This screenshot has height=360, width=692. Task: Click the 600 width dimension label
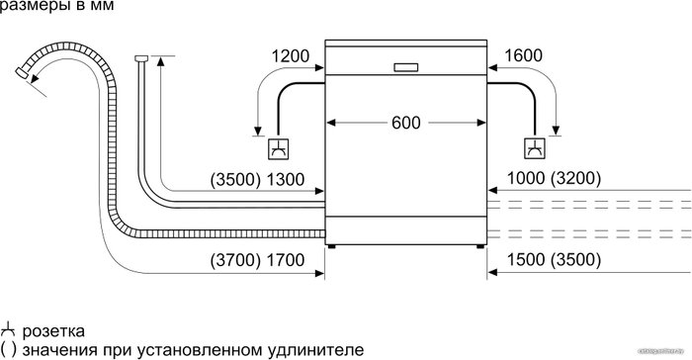405,123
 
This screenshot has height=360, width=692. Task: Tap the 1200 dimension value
290,56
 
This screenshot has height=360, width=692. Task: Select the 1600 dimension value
523,55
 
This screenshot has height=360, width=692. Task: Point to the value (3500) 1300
257,180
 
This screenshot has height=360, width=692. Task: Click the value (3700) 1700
257,260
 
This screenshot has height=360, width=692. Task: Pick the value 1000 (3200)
554,178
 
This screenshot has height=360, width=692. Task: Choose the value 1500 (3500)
554,260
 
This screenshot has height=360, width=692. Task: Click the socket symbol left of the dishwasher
279,149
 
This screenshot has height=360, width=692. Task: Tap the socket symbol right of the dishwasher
535,148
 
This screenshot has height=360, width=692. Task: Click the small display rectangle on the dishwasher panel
405,67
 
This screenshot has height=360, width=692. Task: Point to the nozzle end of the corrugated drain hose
21,73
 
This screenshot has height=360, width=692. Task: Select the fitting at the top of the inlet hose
141,58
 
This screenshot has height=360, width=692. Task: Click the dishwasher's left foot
331,246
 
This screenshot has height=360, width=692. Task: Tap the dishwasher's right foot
480,246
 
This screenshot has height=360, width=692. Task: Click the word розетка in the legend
53,331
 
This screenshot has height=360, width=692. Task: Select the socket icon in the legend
8,330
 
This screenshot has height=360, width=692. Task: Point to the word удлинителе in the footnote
315,350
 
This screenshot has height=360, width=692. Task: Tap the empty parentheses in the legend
8,350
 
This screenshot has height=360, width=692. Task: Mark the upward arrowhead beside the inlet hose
160,61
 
